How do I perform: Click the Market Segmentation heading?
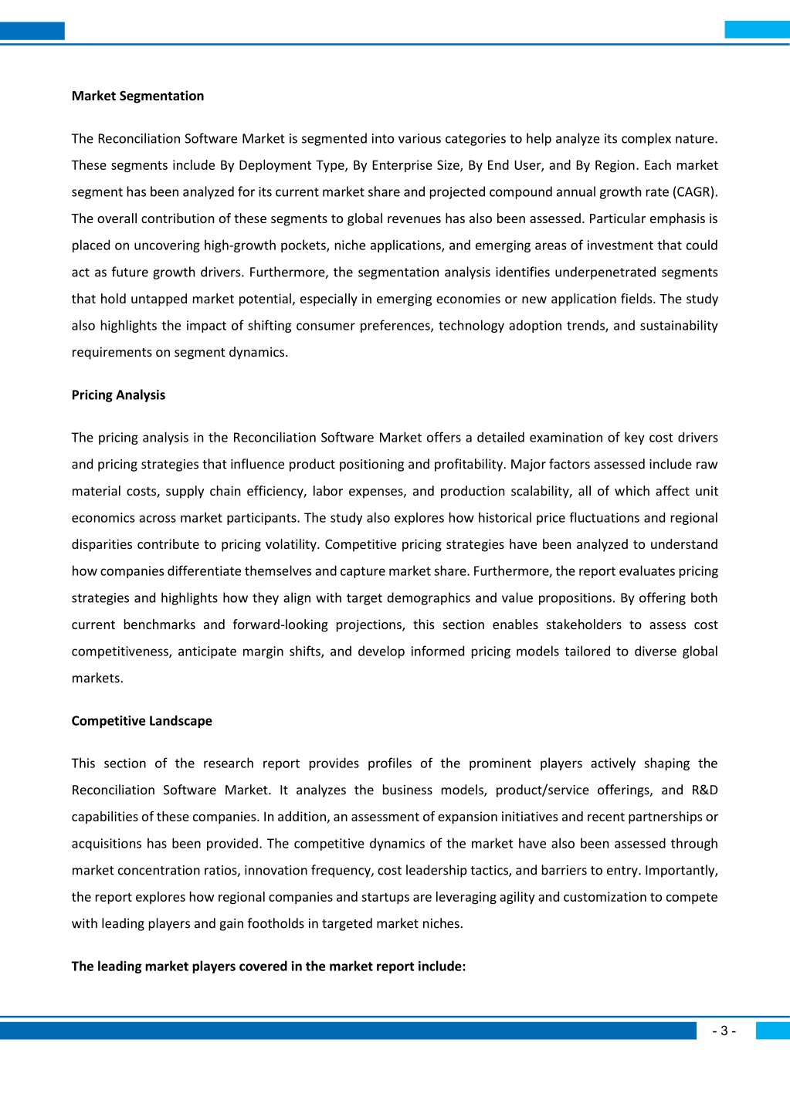pos(137,96)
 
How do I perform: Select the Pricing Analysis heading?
pos(118,394)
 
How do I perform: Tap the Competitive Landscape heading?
pos(141,720)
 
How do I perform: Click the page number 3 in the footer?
pos(724,1031)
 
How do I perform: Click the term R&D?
pos(704,790)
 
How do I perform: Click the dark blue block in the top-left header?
pos(32,31)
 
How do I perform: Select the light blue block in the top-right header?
pos(757,29)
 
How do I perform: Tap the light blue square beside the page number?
pos(772,1031)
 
